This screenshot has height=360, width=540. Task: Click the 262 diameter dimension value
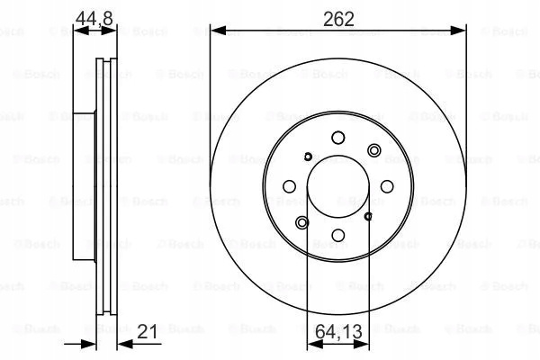click(x=338, y=19)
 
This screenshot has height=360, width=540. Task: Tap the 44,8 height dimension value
click(x=94, y=18)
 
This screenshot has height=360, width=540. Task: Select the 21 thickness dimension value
click(x=147, y=331)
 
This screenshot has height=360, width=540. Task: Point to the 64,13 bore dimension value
click(x=338, y=331)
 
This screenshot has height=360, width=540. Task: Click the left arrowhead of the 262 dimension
click(x=218, y=31)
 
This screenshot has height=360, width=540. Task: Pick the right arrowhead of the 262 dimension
click(x=458, y=31)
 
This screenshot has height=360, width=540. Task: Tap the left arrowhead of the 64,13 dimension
click(x=315, y=344)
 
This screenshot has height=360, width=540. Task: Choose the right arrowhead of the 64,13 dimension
click(x=361, y=344)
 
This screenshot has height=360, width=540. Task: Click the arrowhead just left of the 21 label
click(x=125, y=344)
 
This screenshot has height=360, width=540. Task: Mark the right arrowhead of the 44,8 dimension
click(x=109, y=31)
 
